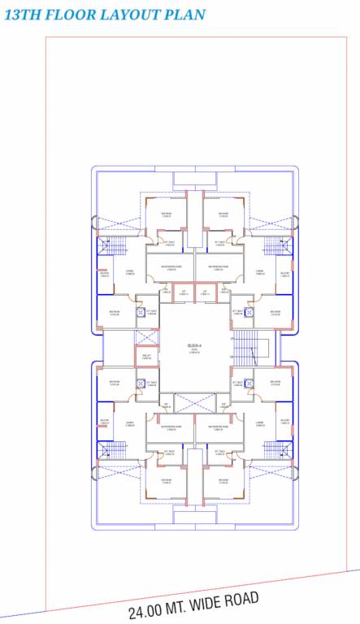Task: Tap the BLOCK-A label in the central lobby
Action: [x=193, y=347]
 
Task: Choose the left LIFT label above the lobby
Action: [x=184, y=292]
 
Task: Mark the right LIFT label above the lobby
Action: [x=205, y=292]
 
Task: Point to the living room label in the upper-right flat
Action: [x=260, y=272]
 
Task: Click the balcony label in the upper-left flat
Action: [x=104, y=274]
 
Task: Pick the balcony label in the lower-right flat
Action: [x=284, y=420]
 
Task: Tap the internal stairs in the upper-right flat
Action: [x=275, y=245]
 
